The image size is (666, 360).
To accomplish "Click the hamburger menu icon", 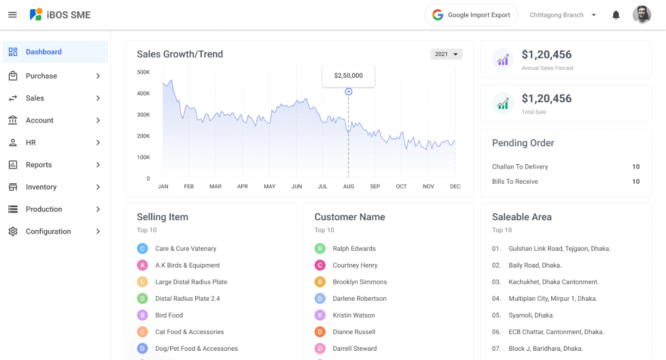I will pos(13,15).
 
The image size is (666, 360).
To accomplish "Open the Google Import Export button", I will pos(471,15).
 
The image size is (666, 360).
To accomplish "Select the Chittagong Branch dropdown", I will pos(563,15).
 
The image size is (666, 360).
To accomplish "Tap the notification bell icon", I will pos(616,15).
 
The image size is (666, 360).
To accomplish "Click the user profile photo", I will pos(642,15).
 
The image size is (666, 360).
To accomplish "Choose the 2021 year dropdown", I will pos(446,54).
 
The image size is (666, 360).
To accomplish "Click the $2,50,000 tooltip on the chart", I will pos(348,76).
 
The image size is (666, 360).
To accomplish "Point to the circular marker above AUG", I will pos(348,92).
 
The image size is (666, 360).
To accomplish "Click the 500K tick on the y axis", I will pos(143,72).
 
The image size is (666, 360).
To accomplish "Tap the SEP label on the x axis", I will pos(375,187).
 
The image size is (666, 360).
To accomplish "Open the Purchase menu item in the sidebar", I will pos(41,76).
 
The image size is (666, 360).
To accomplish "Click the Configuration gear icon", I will pos(13,231).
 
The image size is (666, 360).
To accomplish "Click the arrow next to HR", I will pos(98,142).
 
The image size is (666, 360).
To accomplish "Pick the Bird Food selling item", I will pos(169,315).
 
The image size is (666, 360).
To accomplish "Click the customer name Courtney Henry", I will pos(355,265).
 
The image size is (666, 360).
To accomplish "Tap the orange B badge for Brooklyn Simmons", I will pos(320,282).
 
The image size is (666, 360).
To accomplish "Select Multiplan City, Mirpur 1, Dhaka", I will pos(552,299).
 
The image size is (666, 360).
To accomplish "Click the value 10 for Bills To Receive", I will pos(636,182).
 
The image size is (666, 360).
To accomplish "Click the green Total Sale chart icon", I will pos(503,103).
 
